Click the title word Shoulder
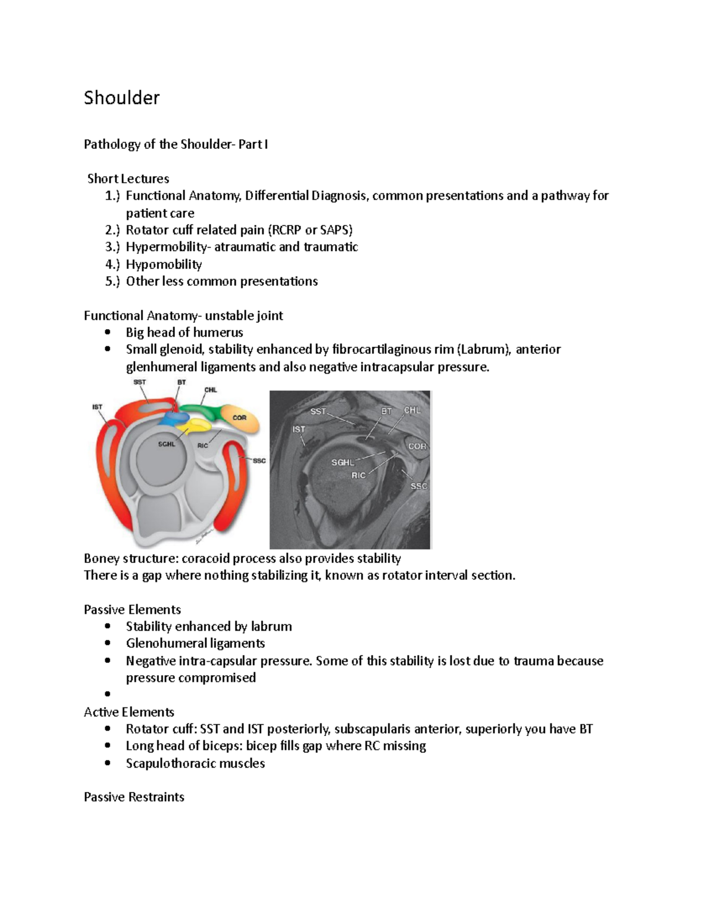121,98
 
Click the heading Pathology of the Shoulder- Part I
176,144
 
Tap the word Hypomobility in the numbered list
164,264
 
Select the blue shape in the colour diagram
173,418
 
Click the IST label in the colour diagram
96,407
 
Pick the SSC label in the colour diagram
259,461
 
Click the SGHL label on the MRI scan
343,462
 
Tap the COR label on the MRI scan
417,446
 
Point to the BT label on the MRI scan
387,411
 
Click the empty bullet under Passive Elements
108,694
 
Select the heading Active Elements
129,712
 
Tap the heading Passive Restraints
134,797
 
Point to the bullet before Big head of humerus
108,333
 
